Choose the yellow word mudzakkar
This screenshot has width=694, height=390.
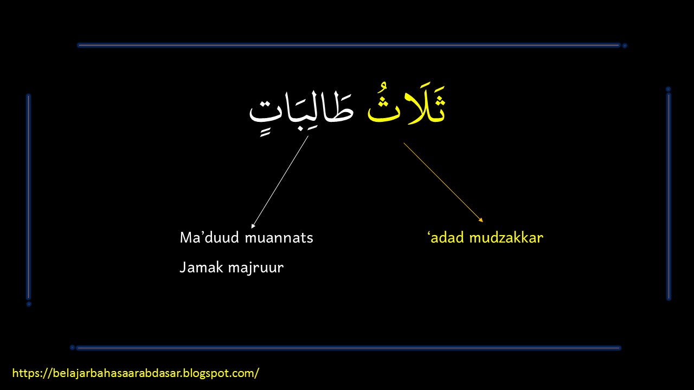coord(506,237)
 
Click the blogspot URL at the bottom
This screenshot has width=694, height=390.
coord(136,373)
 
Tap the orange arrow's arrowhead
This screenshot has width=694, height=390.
coord(481,220)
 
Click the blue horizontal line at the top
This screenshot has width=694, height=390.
coord(347,45)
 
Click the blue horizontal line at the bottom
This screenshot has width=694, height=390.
coord(347,348)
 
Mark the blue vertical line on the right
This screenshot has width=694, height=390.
coord(669,195)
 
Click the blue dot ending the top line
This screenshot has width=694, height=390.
coord(625,46)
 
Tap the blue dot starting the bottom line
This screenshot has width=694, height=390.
coord(72,347)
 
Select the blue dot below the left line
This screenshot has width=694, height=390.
coord(29,304)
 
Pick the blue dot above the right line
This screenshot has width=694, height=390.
coord(668,89)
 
